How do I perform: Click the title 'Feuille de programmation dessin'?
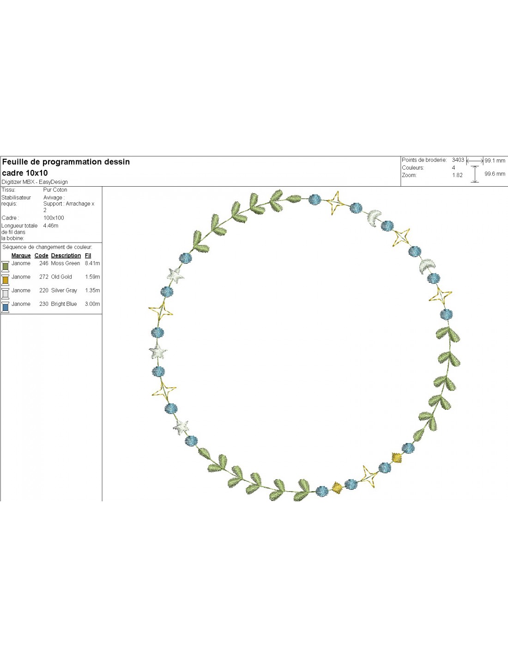pos(66,162)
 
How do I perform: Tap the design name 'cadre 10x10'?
pos(25,173)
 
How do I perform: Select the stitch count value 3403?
pos(458,160)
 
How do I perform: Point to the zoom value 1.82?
pos(457,175)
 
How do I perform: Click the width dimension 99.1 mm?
pos(495,161)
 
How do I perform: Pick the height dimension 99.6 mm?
pos(495,174)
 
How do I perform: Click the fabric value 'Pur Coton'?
pos(55,190)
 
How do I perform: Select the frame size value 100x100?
pos(54,218)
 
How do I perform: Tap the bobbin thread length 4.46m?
pos(51,226)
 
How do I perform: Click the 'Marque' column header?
pos(21,255)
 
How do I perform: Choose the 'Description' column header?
pos(66,255)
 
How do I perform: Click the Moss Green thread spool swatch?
pos(6,266)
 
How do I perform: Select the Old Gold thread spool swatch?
pos(6,280)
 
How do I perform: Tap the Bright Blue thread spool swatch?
pos(6,307)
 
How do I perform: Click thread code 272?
pos(44,277)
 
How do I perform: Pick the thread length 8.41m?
pos(92,263)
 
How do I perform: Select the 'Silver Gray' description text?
pos(64,291)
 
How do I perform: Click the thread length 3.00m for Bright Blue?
pos(92,304)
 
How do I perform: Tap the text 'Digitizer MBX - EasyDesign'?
pos(35,182)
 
